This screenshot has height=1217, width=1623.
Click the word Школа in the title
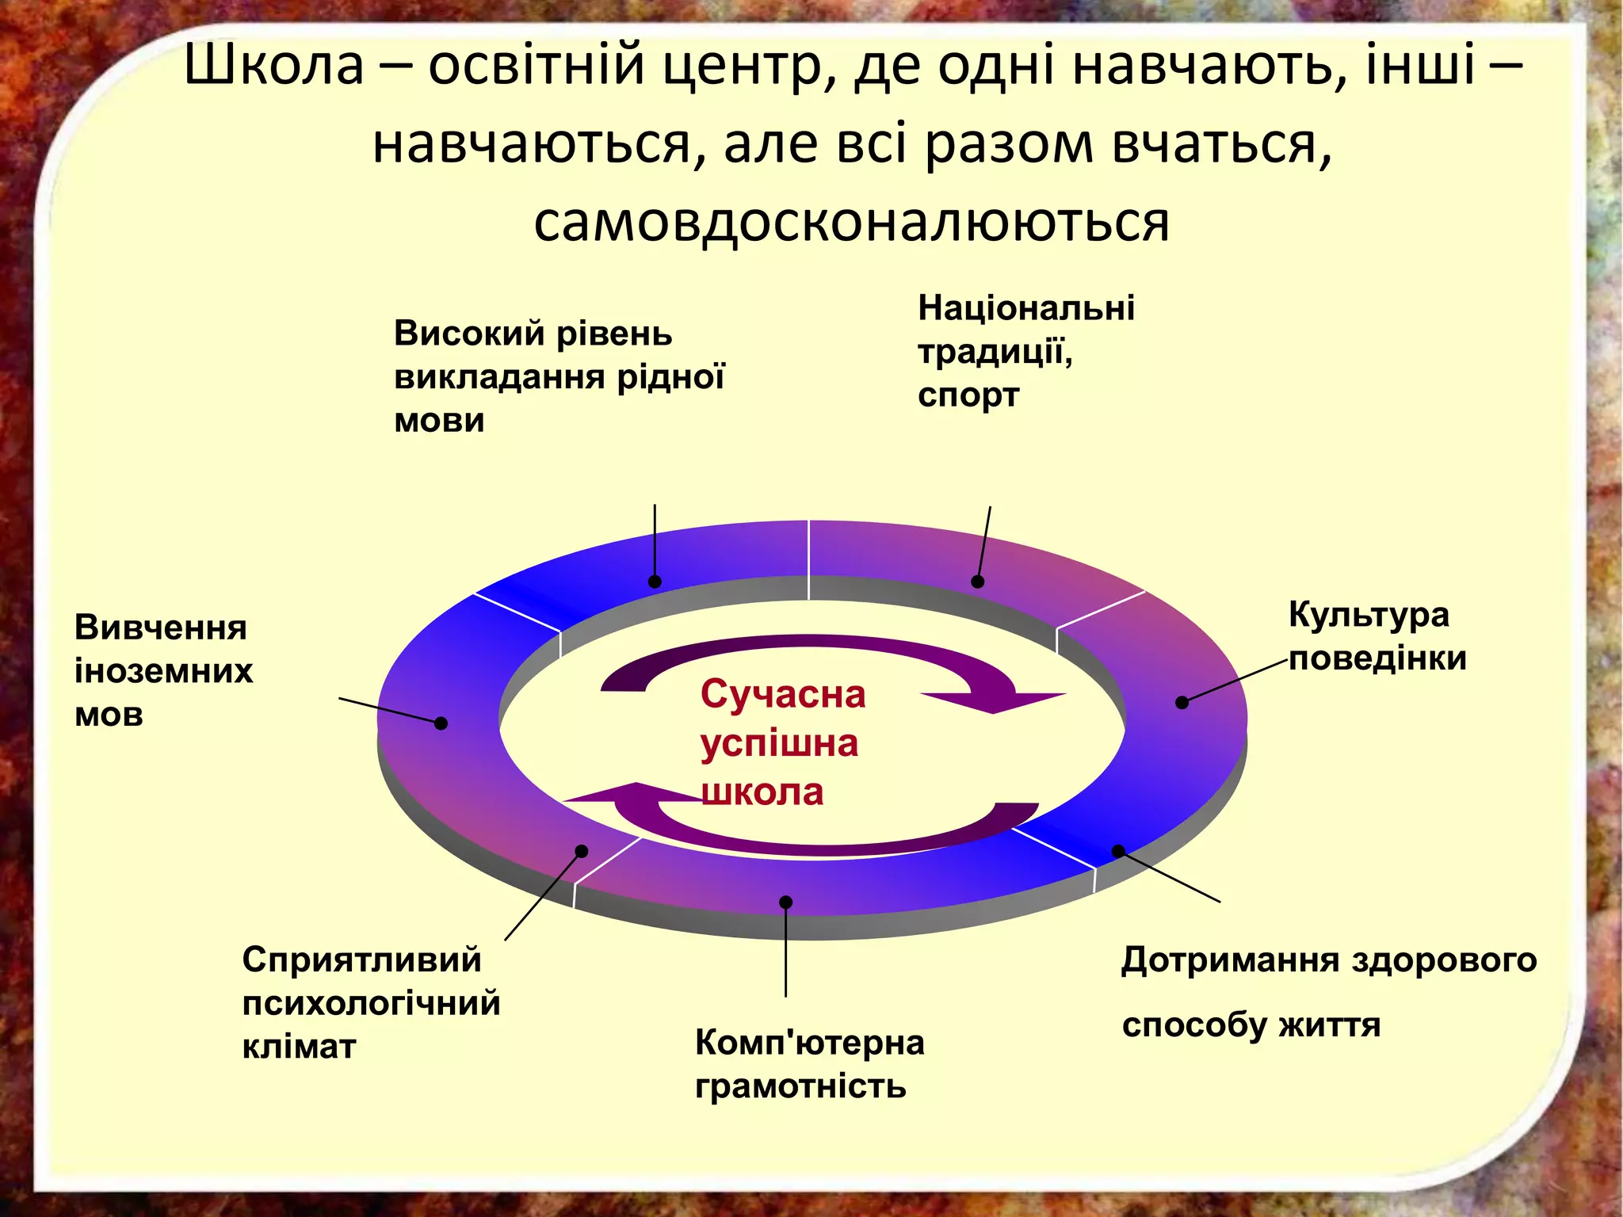273,65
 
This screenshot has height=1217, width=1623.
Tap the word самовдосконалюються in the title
851,223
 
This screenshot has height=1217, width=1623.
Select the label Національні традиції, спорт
1025,351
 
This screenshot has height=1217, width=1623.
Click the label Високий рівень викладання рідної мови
559,376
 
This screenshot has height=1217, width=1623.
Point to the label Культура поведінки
1377,636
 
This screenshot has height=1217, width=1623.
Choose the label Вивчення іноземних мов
163,670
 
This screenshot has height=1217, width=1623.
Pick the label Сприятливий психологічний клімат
371,1002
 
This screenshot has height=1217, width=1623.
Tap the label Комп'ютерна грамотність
809,1063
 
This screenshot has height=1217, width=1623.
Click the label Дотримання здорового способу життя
1329,991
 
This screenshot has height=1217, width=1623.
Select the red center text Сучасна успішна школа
782,742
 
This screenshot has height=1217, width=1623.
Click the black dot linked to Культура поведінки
1182,702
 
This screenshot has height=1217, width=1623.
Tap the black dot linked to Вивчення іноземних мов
441,723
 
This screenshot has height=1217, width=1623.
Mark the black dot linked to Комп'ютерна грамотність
785,902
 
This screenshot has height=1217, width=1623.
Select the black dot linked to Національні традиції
977,582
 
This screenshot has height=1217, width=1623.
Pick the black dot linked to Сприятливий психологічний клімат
581,851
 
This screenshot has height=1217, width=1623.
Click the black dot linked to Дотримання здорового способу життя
1117,851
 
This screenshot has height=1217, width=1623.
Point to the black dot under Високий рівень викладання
655,582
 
